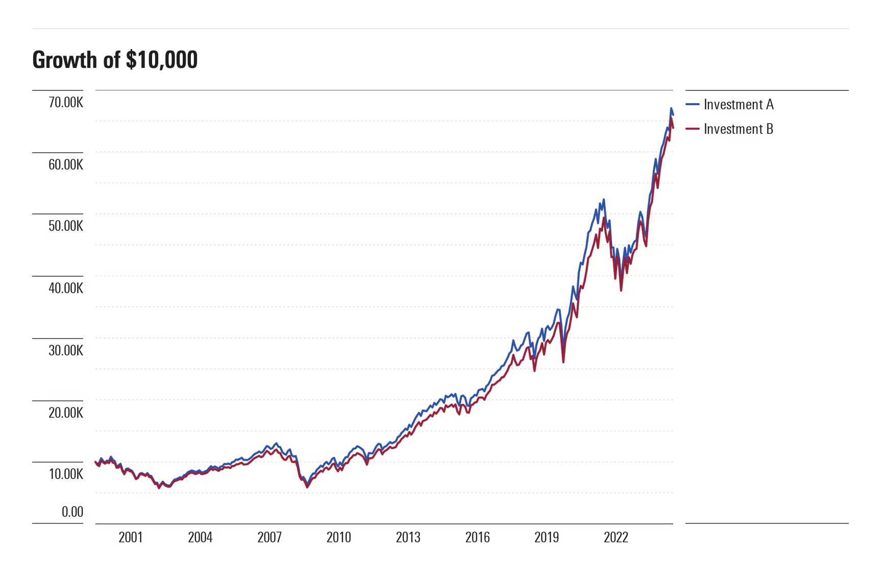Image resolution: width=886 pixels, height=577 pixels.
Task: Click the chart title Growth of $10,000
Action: (115, 60)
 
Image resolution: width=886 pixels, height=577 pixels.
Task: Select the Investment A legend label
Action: (738, 104)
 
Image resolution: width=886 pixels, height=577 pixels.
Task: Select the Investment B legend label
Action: (738, 129)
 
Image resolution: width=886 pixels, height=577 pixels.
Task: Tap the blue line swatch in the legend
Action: (692, 104)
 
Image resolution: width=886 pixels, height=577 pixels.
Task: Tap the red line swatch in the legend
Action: (692, 129)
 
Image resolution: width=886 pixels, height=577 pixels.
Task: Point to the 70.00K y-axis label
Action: (65, 102)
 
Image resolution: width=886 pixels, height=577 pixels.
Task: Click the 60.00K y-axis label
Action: (65, 164)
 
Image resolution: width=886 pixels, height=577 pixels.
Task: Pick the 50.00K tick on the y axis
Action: (65, 226)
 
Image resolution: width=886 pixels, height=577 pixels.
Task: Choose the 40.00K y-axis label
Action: (65, 288)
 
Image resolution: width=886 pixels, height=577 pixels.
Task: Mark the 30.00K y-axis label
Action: (65, 350)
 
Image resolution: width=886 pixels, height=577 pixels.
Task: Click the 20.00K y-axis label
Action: (65, 413)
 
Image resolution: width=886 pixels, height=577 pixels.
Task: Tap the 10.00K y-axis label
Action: (65, 474)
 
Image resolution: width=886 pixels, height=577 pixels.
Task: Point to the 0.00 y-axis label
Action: (72, 512)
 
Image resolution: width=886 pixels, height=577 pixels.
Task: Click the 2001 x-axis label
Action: (131, 537)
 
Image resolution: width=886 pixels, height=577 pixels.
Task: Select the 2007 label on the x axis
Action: (269, 537)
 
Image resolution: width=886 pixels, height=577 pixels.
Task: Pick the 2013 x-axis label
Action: (408, 537)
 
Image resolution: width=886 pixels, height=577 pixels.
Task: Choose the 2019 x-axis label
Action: (546, 537)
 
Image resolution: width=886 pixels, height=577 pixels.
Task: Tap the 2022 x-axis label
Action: (616, 537)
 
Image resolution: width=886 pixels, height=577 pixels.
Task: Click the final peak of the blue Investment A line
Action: (671, 108)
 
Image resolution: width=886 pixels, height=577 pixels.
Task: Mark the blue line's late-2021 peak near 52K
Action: (603, 200)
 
